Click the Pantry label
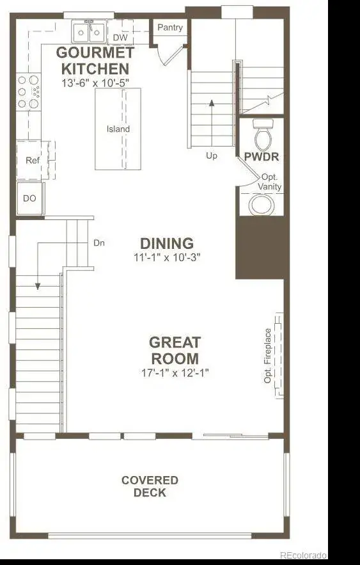(x=170, y=28)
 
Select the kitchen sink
(x=88, y=33)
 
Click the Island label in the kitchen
(x=118, y=129)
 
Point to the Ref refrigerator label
(x=33, y=160)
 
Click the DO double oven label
(x=29, y=198)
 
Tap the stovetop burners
(x=28, y=92)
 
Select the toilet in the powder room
(x=263, y=135)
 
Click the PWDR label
(x=262, y=157)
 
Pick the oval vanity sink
(x=262, y=204)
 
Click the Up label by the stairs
(x=211, y=155)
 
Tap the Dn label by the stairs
(x=99, y=243)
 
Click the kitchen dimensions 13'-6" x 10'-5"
(x=95, y=83)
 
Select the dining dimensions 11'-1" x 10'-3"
(x=167, y=257)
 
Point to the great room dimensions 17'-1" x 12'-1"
(x=175, y=372)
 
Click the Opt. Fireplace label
(x=267, y=356)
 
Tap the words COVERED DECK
(x=150, y=486)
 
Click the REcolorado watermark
(x=304, y=555)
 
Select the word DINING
(x=167, y=244)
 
